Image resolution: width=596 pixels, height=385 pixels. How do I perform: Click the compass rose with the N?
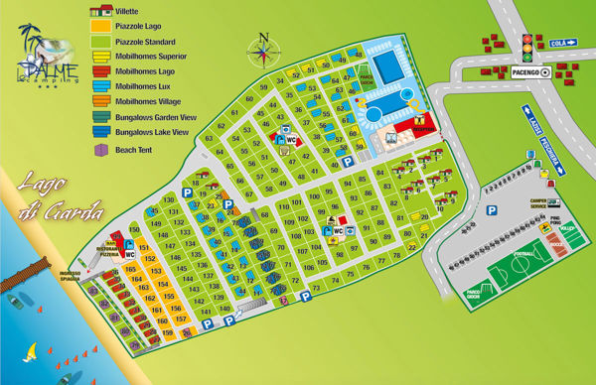pyautogui.click(x=263, y=49)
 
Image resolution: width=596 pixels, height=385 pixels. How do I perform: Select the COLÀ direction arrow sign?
pyautogui.click(x=563, y=43)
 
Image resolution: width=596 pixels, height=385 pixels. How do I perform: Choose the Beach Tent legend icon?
pyautogui.click(x=99, y=150)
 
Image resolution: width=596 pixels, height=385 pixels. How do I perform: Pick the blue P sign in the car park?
pyautogui.click(x=490, y=210)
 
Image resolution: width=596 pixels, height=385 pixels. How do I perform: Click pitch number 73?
pyautogui.click(x=315, y=288)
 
